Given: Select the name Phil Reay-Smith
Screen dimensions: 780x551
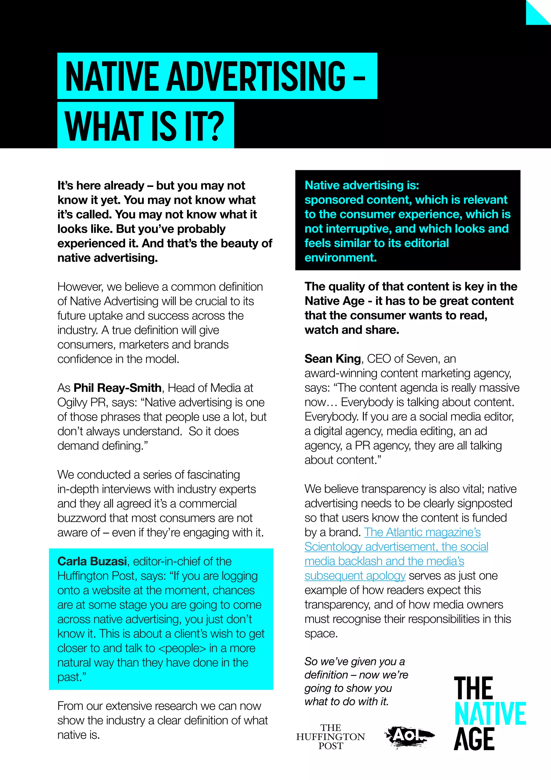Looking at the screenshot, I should [x=117, y=388].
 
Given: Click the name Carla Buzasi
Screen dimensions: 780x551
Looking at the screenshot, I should [x=92, y=562].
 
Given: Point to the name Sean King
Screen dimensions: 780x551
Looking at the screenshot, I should [x=332, y=359].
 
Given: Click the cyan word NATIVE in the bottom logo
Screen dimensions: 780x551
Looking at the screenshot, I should [x=490, y=714].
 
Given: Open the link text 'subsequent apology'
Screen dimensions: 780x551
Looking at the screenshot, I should [x=355, y=576].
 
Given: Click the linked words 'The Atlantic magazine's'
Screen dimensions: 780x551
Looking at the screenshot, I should [x=422, y=532].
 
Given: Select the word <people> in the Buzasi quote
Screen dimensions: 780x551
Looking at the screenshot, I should [x=182, y=648].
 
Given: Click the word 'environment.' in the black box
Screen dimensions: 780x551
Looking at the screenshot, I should [x=340, y=257].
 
